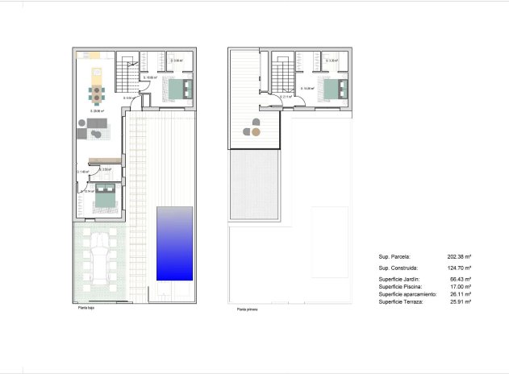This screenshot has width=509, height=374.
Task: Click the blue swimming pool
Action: click(x=174, y=243)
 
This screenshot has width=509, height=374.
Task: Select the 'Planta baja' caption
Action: click(x=86, y=308)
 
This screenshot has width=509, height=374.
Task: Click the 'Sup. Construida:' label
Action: click(x=397, y=268)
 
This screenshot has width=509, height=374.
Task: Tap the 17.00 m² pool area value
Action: click(x=461, y=287)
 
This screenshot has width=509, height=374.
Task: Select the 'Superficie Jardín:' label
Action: click(x=398, y=279)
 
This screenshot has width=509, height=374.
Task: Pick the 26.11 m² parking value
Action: click(x=461, y=294)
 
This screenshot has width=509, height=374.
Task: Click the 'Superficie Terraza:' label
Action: click(x=400, y=302)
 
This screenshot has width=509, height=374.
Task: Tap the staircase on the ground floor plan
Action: click(x=127, y=75)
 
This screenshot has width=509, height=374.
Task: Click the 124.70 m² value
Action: click(x=460, y=268)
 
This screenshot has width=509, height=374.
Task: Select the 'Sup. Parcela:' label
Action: click(x=394, y=256)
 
